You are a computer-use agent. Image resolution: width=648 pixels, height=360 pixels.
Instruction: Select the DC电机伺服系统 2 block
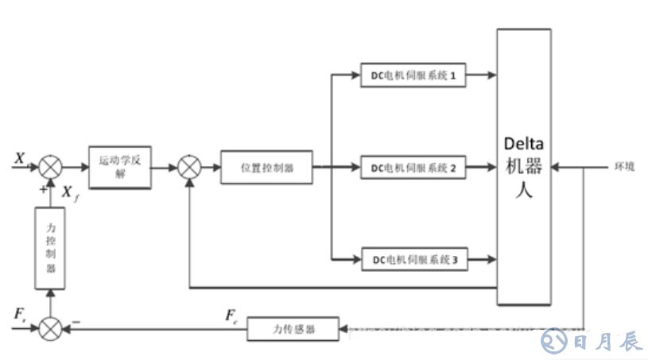coord(413,168)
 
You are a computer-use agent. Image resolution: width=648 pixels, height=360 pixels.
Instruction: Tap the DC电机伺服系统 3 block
coord(413,260)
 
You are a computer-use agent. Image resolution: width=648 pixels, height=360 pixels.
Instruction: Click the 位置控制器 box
coord(266,168)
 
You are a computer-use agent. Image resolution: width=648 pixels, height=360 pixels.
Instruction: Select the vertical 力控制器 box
coord(51,247)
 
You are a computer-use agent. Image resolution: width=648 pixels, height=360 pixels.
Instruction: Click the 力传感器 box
coord(293,327)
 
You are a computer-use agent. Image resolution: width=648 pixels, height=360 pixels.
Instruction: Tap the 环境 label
coord(623,167)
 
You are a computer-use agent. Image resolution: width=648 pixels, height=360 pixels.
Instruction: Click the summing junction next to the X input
coord(51,168)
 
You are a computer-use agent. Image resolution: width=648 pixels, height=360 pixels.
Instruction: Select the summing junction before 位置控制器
coord(189,168)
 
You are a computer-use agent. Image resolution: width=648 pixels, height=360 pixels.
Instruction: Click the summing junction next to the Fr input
coord(51,327)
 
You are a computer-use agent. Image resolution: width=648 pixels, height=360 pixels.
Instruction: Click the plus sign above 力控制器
coord(43,189)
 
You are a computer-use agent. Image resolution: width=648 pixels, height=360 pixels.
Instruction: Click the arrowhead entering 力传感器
coord(344,327)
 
